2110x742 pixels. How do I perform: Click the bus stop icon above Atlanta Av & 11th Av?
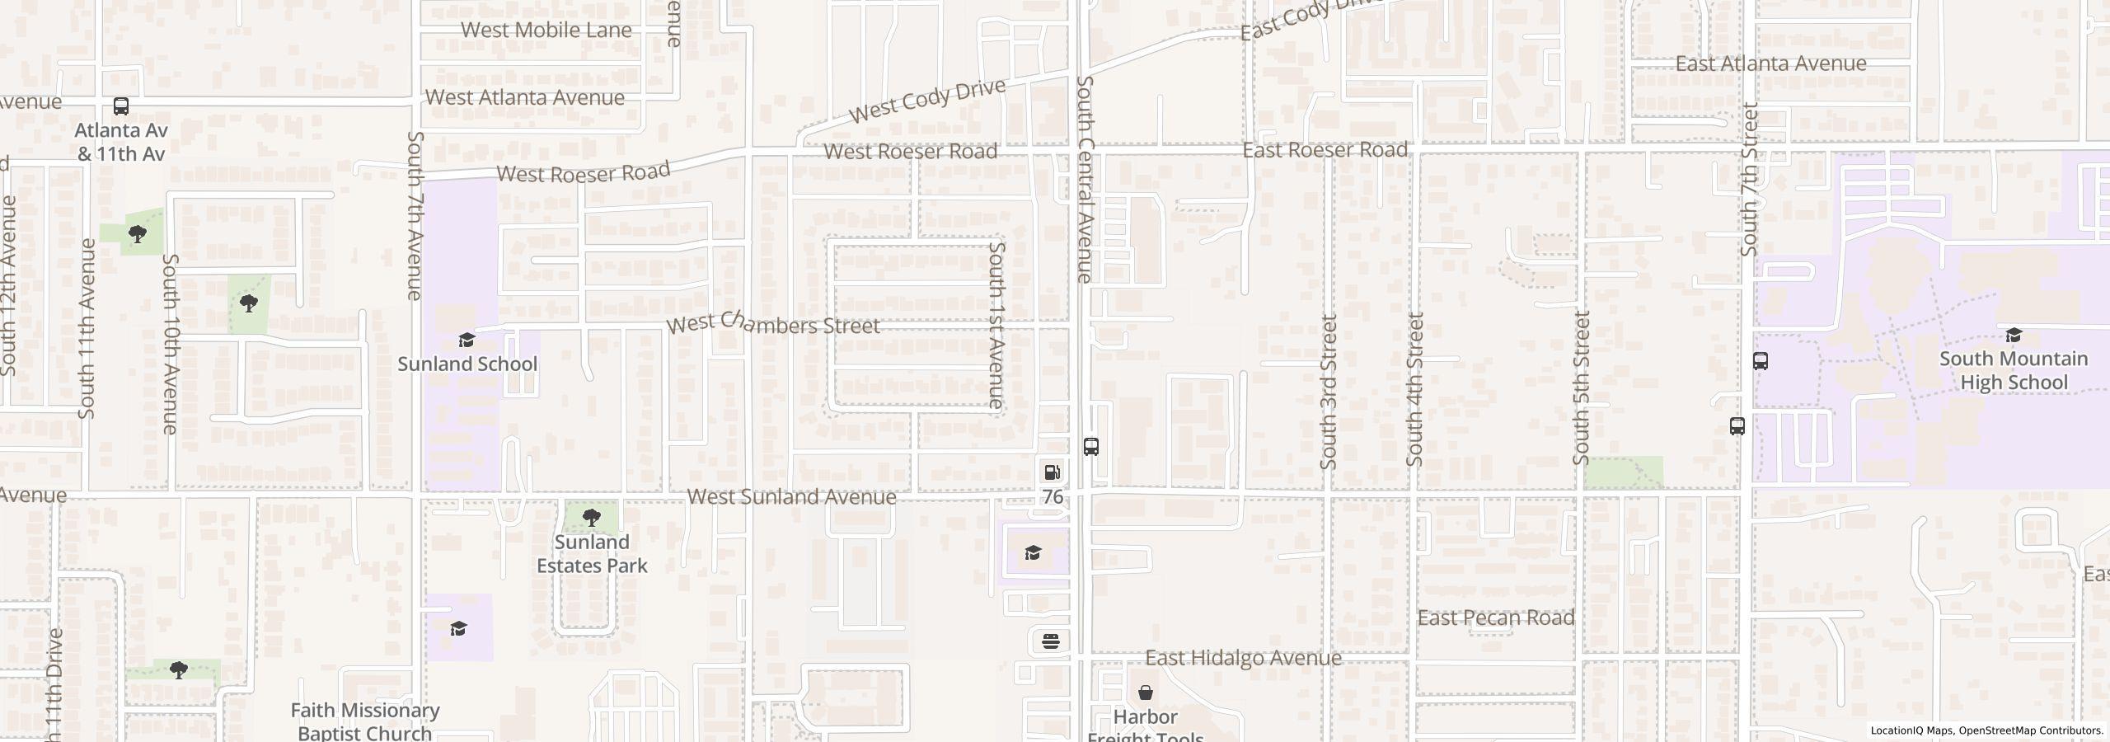coord(121,106)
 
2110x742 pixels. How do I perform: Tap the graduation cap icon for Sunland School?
coord(467,340)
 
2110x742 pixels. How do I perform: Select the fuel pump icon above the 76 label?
coord(1053,472)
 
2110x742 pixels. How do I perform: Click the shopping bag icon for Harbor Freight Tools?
coord(1146,693)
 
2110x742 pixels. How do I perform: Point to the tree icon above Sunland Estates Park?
coord(591,518)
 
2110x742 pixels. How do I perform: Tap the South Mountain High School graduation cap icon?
coord(2014,335)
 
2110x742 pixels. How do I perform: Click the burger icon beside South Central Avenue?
coord(1051,641)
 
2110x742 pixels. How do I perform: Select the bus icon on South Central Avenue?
coord(1090,447)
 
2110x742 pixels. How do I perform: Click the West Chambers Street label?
coord(773,324)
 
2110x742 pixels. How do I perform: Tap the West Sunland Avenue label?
coord(791,496)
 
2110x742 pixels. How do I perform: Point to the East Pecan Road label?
coord(1495,618)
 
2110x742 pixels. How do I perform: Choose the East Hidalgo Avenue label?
coord(1243,658)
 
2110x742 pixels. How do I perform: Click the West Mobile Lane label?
coord(546,31)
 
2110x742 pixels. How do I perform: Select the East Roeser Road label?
coord(1325,150)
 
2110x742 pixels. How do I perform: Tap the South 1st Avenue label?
coord(996,325)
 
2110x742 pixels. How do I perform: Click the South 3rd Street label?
coord(1328,392)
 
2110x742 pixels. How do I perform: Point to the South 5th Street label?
coord(1581,387)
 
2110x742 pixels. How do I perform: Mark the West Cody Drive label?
coord(927,101)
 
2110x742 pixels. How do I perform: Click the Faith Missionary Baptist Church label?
coord(364,721)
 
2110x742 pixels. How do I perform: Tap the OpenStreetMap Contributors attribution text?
coord(2030,730)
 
